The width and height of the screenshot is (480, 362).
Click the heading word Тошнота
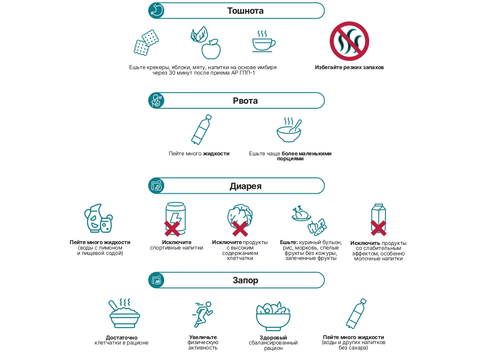245,11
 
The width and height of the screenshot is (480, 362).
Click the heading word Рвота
245,101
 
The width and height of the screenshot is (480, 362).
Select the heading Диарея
245,186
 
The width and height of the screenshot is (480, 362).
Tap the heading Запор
245,280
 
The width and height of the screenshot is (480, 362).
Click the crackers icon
146,42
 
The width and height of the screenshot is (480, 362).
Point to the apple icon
211,49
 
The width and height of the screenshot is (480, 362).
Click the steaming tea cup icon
264,41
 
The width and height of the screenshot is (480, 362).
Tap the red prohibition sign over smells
349,41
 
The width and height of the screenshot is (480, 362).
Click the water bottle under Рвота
201,130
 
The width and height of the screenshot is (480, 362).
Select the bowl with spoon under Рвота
289,130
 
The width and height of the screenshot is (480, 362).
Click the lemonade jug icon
98,218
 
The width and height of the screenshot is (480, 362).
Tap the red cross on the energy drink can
172,228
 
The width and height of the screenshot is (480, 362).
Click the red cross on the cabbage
240,229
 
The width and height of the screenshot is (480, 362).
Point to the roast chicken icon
301,213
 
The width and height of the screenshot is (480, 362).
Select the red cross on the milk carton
378,228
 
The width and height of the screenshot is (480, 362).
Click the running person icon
202,314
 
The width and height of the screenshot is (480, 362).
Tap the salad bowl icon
273,316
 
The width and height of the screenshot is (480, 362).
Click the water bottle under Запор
356,314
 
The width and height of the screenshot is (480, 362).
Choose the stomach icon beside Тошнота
156,11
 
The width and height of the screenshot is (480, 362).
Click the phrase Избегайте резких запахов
349,67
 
